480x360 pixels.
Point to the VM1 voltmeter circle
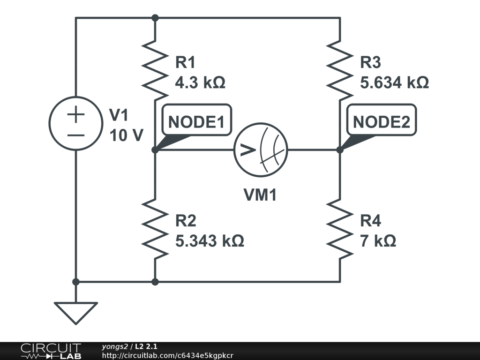click(261, 150)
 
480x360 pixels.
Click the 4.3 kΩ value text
click(200, 83)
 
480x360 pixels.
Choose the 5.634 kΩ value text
click(394, 83)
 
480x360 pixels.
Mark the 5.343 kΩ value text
click(210, 241)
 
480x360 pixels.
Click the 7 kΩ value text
click(378, 241)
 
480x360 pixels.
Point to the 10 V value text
click(126, 135)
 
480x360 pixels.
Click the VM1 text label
click(260, 195)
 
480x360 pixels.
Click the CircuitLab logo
click(51, 351)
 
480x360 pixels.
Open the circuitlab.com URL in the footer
click(167, 355)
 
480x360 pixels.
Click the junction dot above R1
click(155, 18)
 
